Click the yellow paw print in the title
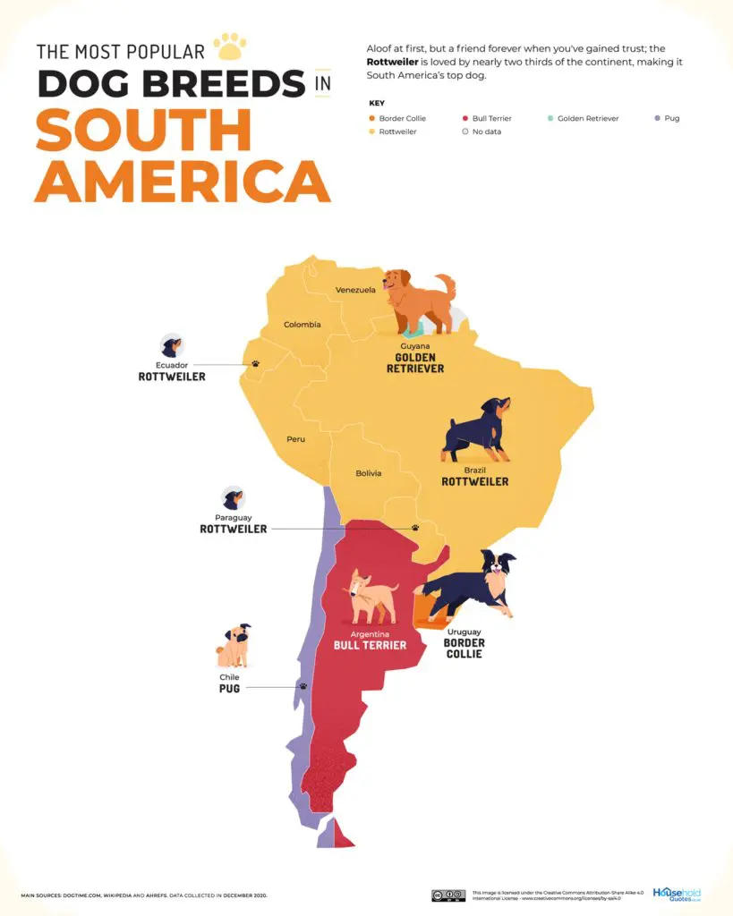pyautogui.click(x=231, y=47)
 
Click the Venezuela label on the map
pyautogui.click(x=355, y=290)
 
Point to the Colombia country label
pyautogui.click(x=303, y=325)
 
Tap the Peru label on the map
pyautogui.click(x=295, y=439)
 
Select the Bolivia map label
pyautogui.click(x=368, y=472)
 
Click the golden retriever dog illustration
pyautogui.click(x=419, y=301)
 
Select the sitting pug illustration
pyautogui.click(x=234, y=646)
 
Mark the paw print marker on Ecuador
pyautogui.click(x=255, y=364)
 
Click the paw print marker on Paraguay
pyautogui.click(x=415, y=528)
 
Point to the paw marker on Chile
pyautogui.click(x=303, y=686)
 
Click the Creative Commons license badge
pyautogui.click(x=447, y=895)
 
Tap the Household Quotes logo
pyautogui.click(x=677, y=894)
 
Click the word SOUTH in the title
pyautogui.click(x=143, y=130)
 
